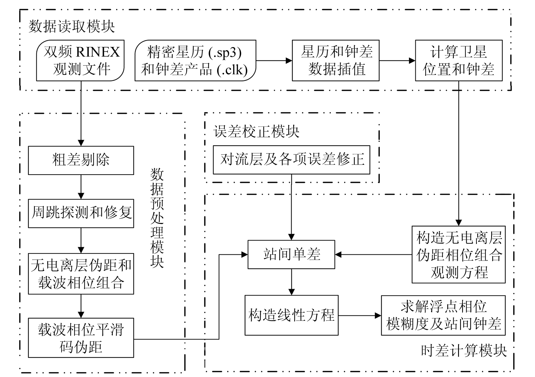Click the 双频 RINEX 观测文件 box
point(80,61)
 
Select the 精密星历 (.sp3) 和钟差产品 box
point(195,61)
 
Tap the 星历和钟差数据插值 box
point(336,61)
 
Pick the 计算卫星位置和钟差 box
point(459,61)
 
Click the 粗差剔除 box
point(81,160)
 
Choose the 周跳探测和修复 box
point(81,213)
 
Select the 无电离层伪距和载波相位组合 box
point(81,274)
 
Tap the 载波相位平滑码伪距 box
point(81,338)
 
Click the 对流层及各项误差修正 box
point(291,160)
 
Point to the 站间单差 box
point(291,255)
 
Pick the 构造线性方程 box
point(291,315)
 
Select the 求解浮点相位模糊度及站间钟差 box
point(443,315)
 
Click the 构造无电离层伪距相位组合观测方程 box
point(459,255)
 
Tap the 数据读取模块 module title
point(72,27)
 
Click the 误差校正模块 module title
point(256,131)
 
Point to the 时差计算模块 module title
point(464,351)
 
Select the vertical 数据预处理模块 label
point(157,218)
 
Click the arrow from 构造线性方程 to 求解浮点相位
point(360,315)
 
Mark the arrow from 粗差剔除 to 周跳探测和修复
point(81,187)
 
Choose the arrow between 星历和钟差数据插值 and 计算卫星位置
point(397,61)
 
